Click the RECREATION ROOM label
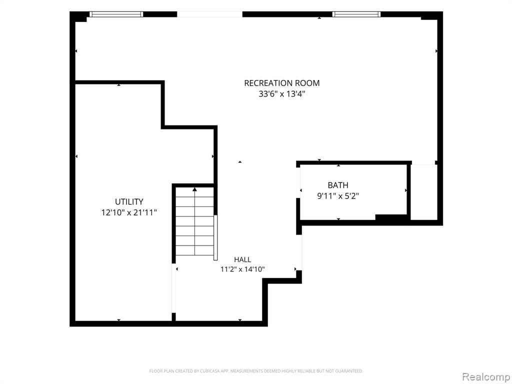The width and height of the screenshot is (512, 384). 282,83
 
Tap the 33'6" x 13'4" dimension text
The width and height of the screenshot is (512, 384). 282,94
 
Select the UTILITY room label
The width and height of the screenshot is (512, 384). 129,201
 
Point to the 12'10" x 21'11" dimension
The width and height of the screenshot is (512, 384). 129,212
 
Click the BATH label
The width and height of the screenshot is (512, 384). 338,185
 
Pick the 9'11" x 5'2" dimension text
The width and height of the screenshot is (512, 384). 338,196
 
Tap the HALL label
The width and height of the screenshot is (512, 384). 242,259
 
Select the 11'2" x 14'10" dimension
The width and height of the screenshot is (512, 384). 242,269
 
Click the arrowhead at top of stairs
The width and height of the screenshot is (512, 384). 194,189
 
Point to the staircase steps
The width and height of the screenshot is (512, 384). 194,221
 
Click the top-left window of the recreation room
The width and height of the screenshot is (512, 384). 116,14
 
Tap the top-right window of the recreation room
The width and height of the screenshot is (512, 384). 356,14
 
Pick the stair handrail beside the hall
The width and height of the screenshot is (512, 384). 215,237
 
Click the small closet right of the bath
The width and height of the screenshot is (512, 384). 423,192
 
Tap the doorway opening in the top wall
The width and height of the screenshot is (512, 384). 209,14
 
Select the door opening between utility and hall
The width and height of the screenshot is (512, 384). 173,288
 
